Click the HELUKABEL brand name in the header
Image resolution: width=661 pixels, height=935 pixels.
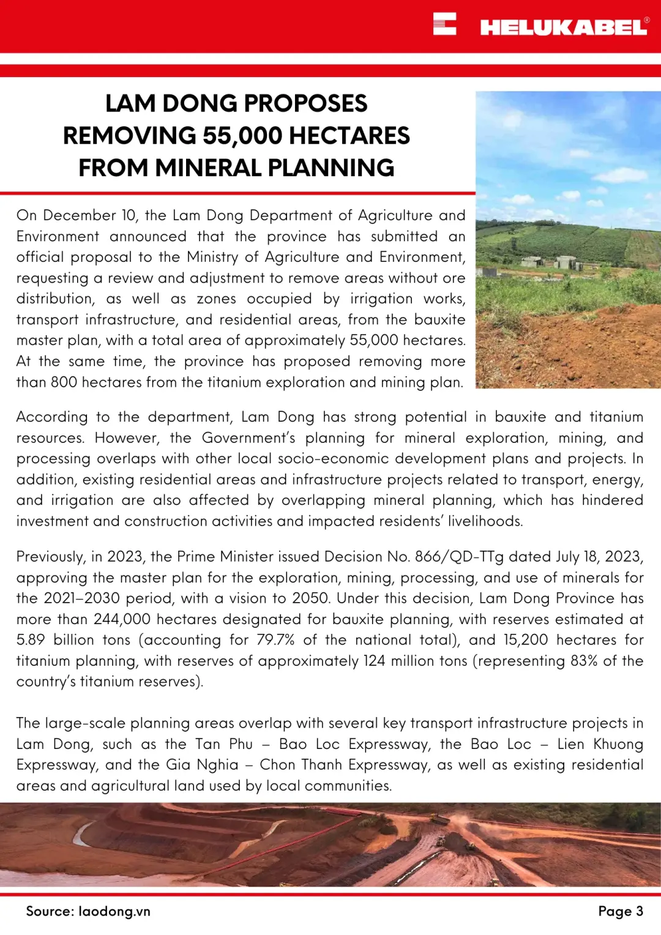pos(563,27)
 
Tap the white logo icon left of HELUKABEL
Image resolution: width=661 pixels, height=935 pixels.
pos(444,24)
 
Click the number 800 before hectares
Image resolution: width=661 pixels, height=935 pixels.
pos(64,382)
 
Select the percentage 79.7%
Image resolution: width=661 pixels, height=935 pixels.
pos(275,640)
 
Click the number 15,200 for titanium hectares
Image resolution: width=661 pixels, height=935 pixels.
pos(525,640)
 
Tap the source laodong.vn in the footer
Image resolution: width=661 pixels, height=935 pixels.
pos(114,911)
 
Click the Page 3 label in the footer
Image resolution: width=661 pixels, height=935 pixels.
pos(620,911)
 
